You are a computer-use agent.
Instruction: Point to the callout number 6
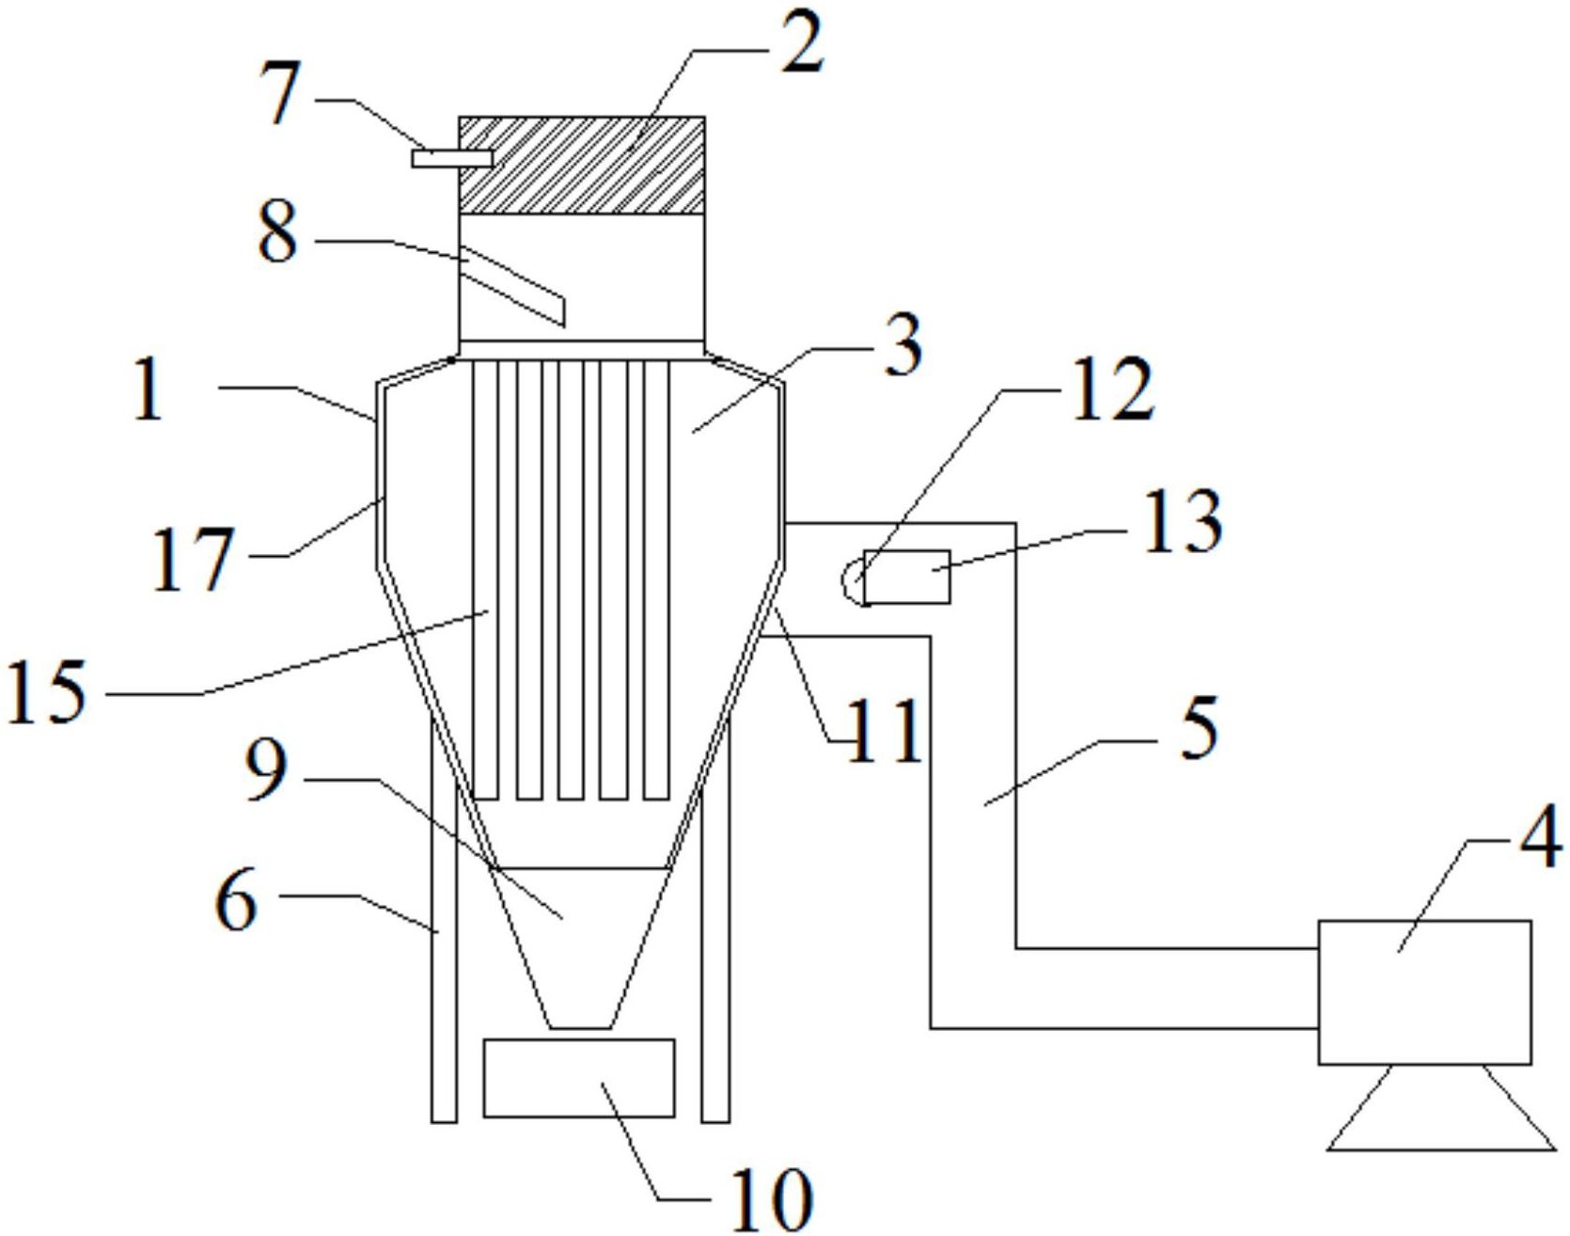click(236, 900)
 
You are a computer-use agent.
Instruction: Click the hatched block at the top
click(582, 166)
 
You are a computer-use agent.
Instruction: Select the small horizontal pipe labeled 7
click(452, 159)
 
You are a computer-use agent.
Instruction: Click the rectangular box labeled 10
click(579, 1078)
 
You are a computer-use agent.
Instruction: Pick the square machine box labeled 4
click(1424, 992)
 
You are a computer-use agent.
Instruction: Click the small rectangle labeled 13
click(906, 577)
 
